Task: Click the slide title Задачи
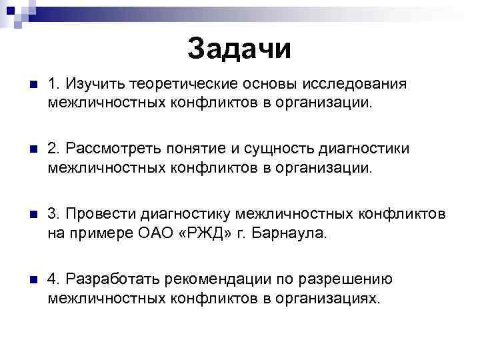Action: pos(239,47)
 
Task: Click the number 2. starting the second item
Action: pos(54,149)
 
